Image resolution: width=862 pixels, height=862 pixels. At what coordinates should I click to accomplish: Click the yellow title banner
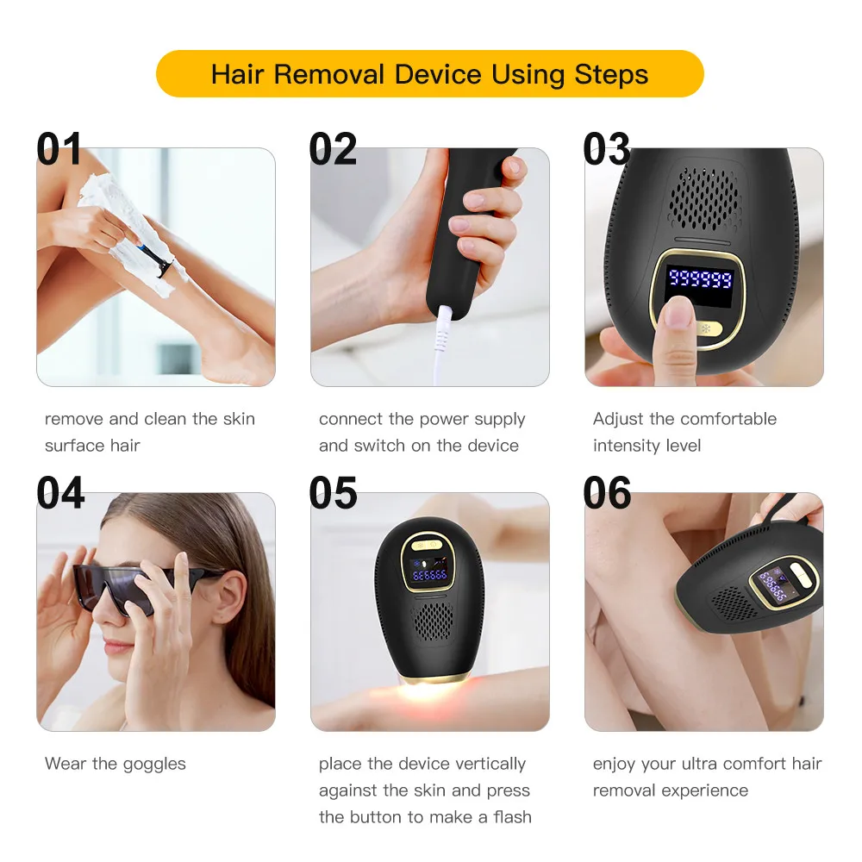pyautogui.click(x=429, y=73)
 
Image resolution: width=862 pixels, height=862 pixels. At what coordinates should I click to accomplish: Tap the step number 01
pyautogui.click(x=59, y=149)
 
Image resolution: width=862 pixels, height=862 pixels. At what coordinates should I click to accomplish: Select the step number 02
pyautogui.click(x=333, y=149)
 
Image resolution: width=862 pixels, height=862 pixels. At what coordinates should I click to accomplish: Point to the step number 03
pyautogui.click(x=606, y=149)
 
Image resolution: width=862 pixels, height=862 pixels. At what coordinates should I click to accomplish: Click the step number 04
pyautogui.click(x=60, y=493)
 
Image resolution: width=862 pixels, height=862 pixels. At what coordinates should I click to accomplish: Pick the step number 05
pyautogui.click(x=333, y=493)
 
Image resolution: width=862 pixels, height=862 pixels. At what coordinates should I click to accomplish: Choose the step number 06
pyautogui.click(x=607, y=493)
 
